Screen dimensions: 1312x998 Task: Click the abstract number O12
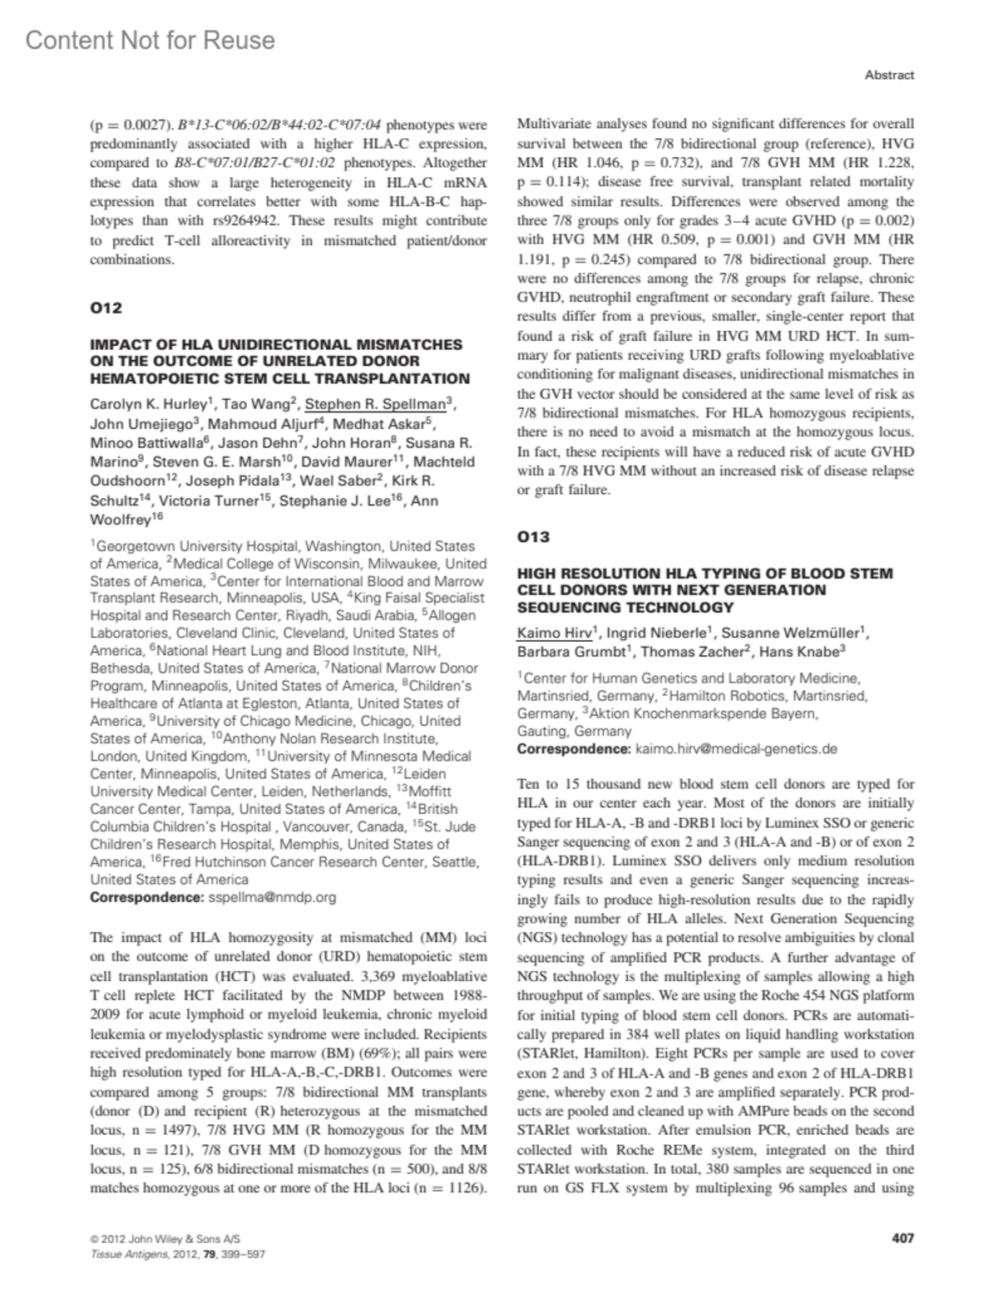click(106, 308)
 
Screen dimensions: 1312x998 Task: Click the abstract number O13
click(533, 536)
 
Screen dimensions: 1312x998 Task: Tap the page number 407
click(902, 1238)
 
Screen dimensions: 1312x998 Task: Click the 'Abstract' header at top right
click(889, 75)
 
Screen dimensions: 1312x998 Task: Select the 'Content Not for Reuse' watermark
click(150, 40)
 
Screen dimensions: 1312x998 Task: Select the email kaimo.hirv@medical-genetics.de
click(736, 748)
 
